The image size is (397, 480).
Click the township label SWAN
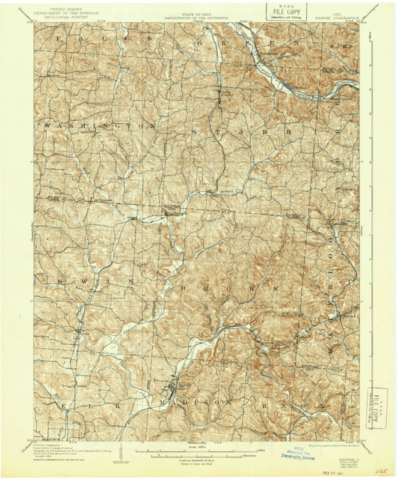[x=90, y=281]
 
